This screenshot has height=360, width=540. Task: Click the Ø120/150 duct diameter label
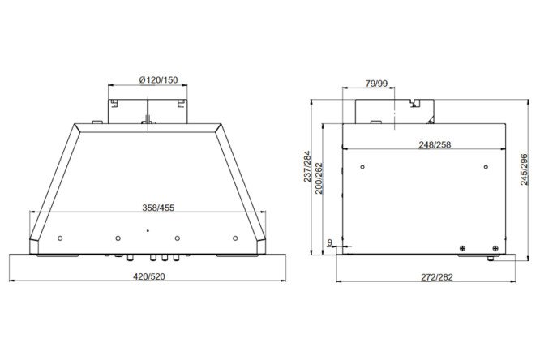pos(158,80)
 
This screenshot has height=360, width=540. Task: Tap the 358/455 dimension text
pos(158,208)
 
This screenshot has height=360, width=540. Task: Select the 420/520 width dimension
pos(149,276)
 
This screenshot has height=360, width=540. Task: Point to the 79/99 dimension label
pos(376,84)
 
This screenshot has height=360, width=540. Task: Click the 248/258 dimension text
pos(435,144)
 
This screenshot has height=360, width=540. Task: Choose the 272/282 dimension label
pos(437,277)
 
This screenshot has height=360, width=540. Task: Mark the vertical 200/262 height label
pos(319,178)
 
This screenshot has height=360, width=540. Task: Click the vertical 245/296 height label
pos(524,169)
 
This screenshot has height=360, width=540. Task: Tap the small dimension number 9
pos(329,243)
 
